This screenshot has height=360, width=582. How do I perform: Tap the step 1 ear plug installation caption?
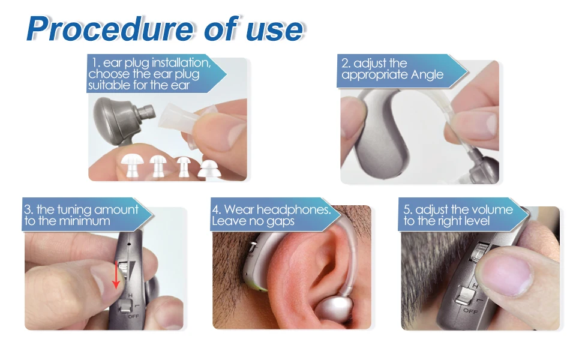pyautogui.click(x=149, y=73)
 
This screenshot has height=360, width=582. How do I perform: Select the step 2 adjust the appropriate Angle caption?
pyautogui.click(x=392, y=69)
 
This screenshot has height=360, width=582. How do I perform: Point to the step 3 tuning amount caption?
pyautogui.click(x=81, y=215)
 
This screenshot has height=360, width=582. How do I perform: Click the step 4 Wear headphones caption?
pyautogui.click(x=271, y=215)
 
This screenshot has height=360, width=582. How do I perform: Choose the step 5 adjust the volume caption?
pyautogui.click(x=458, y=215)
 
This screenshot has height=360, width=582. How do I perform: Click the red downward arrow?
pyautogui.click(x=116, y=275)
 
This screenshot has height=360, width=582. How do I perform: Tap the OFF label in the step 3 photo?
pyautogui.click(x=133, y=316)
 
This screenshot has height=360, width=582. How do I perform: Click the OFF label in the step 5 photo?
pyautogui.click(x=470, y=311)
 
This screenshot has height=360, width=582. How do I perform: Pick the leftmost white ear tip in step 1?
pyautogui.click(x=133, y=165)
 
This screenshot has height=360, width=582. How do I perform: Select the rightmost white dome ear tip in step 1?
pyautogui.click(x=209, y=169)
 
